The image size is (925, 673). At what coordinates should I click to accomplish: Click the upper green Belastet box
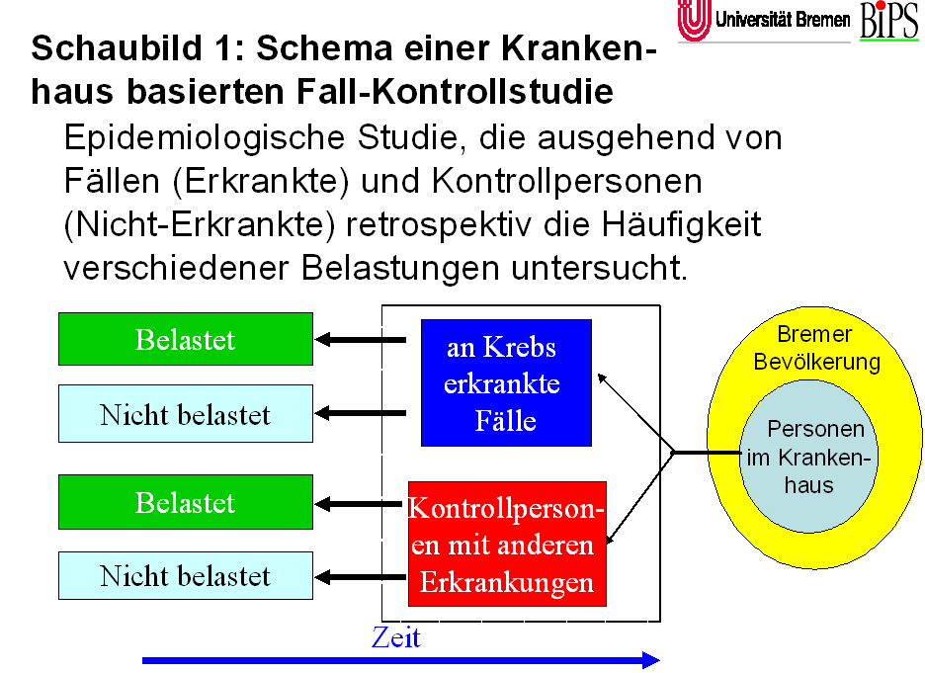(186, 339)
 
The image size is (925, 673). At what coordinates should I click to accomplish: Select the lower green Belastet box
(186, 502)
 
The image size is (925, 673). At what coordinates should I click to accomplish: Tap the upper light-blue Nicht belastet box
(186, 413)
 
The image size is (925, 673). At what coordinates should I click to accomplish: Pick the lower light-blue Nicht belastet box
(186, 576)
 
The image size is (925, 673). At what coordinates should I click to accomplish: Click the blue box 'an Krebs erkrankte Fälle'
(506, 382)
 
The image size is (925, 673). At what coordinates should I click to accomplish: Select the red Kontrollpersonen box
(507, 544)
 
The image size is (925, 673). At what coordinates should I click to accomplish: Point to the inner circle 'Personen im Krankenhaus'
(808, 457)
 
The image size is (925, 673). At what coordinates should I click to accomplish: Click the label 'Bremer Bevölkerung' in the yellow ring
(816, 348)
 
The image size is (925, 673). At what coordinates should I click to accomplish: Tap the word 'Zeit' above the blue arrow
(396, 637)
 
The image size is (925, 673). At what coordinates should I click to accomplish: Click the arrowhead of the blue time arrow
(651, 660)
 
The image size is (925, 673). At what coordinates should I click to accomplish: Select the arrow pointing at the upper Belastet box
(361, 340)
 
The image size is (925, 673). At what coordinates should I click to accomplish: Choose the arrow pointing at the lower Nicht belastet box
(361, 577)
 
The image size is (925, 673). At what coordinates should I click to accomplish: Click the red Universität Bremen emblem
(695, 21)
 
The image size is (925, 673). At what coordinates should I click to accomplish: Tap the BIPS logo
(889, 21)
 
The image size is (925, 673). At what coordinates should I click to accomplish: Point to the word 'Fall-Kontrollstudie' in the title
(455, 92)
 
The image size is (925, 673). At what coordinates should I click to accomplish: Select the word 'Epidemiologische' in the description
(205, 138)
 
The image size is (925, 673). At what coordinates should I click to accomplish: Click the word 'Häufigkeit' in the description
(681, 224)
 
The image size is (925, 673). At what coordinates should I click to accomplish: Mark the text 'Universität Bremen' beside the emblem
(783, 20)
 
